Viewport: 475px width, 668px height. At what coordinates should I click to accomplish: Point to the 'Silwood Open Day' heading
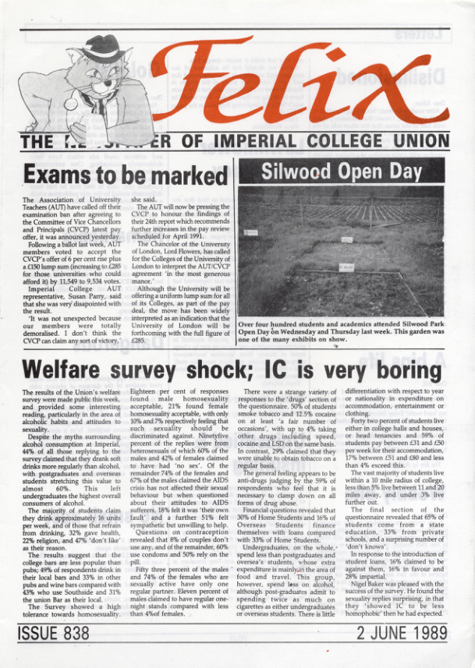point(340,170)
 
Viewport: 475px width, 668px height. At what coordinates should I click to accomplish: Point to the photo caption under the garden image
point(340,334)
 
